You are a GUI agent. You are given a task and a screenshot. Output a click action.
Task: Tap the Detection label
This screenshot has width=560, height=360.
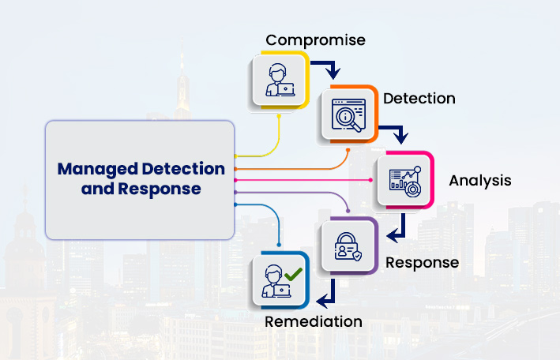[x=419, y=99]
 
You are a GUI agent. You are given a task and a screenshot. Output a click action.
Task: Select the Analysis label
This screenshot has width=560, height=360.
[x=480, y=180]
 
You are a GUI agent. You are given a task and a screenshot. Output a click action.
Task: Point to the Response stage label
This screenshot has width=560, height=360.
[x=422, y=262]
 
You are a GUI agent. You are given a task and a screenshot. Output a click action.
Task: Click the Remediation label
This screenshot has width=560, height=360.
[x=314, y=321]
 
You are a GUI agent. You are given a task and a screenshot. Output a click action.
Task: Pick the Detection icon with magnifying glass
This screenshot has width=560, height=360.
[x=347, y=115]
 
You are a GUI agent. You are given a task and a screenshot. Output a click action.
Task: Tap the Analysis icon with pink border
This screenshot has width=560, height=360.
[x=404, y=180]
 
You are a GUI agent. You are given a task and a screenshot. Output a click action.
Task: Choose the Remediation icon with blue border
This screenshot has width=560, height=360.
[x=280, y=280]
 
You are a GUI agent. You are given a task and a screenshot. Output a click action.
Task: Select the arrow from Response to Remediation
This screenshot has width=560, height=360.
[x=327, y=294]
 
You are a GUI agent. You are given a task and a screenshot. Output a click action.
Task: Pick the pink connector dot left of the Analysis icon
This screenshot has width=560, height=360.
[x=372, y=180]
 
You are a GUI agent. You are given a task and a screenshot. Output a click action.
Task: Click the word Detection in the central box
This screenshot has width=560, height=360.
[x=182, y=169]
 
